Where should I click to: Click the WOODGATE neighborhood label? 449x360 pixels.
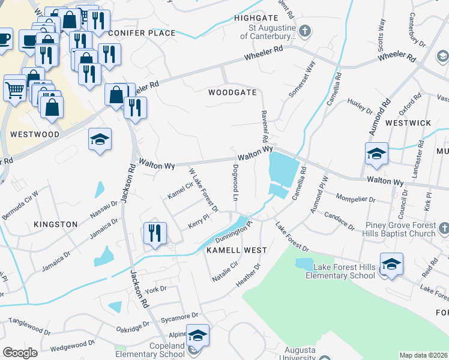232,93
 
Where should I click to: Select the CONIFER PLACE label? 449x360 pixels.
143,33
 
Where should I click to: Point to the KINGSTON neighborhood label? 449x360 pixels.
56,224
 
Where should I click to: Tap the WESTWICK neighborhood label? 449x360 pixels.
408,123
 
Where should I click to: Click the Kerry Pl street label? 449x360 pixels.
197,223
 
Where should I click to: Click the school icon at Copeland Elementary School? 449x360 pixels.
197,336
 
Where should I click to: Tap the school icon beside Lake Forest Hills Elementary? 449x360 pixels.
391,265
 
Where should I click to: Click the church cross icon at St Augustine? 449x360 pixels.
305,31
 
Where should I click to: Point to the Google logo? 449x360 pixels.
20,353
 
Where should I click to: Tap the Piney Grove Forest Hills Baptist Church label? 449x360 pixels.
401,230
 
